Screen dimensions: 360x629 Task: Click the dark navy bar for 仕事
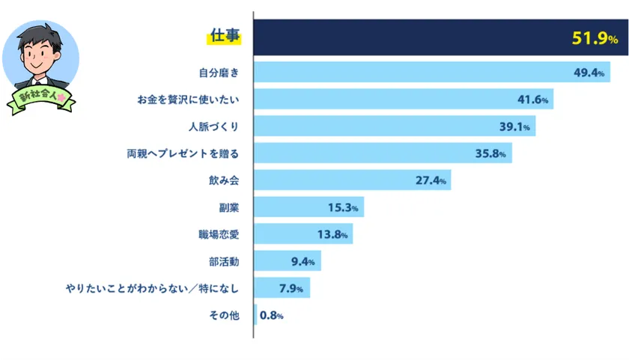404,37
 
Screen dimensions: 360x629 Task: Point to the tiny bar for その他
255,314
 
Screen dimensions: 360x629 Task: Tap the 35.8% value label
491,153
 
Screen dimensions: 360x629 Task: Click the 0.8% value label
271,315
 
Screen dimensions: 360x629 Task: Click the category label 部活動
224,261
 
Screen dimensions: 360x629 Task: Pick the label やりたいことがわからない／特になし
152,288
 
